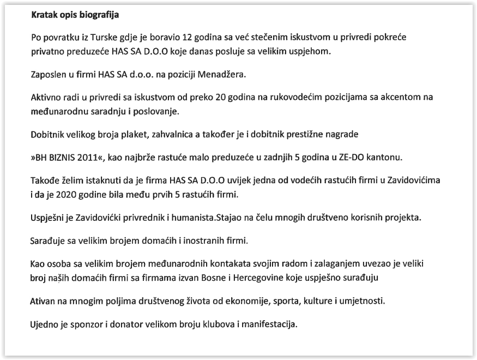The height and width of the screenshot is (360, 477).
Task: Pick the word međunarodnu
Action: pyautogui.click(x=58, y=111)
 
